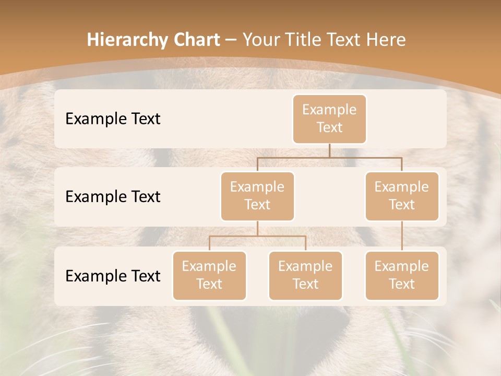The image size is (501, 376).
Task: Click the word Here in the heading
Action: [x=384, y=40]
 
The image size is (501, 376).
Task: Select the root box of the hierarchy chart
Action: [x=329, y=119]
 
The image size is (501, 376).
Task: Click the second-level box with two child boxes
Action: [x=257, y=196]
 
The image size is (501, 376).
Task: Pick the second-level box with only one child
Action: [x=402, y=196]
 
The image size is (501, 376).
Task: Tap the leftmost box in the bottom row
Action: [x=209, y=276]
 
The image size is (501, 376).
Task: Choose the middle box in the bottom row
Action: [x=305, y=276]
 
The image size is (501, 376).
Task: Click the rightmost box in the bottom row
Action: [x=402, y=276]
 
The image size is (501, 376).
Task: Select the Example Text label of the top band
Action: [x=113, y=119]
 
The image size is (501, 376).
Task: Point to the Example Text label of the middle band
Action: [x=113, y=197]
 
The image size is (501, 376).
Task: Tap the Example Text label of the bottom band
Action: [x=113, y=276]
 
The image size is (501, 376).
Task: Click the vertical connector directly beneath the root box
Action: [x=329, y=150]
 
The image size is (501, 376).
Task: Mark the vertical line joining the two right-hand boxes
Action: [x=402, y=236]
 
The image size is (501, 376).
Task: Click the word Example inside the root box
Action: [x=329, y=110]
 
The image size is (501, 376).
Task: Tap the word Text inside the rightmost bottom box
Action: [x=402, y=285]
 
